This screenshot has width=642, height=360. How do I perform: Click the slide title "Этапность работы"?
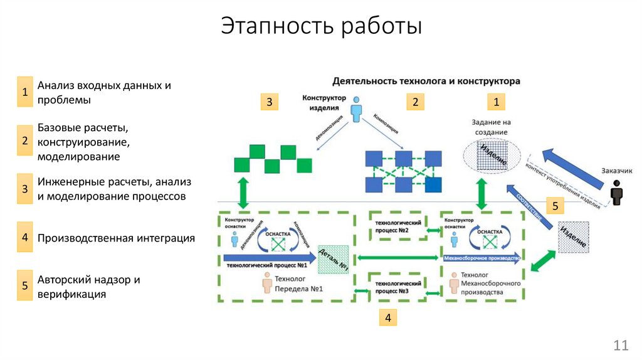(x=321, y=27)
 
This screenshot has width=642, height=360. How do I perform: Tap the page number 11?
(x=621, y=344)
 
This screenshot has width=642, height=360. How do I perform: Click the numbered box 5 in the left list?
(x=24, y=287)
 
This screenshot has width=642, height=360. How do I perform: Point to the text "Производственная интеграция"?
(x=116, y=238)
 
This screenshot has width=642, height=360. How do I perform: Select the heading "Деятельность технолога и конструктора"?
(x=426, y=82)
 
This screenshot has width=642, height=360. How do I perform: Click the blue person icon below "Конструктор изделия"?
(x=356, y=109)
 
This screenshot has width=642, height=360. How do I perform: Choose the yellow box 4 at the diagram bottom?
(x=387, y=318)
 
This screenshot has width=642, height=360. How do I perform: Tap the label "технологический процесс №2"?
(x=399, y=227)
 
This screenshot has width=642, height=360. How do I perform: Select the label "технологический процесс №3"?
(x=399, y=287)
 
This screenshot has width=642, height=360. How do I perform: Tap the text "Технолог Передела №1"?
(x=298, y=283)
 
